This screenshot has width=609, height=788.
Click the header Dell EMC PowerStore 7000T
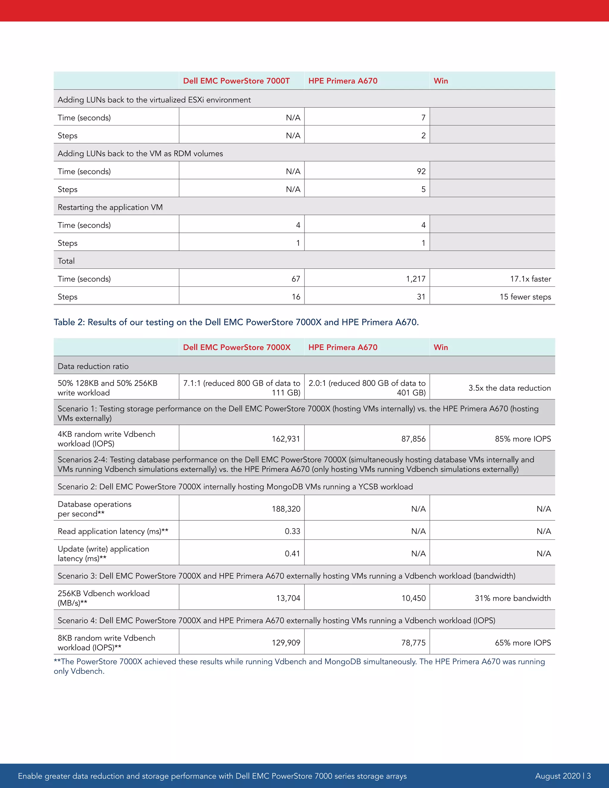click(236, 81)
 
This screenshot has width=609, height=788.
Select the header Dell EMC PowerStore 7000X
click(237, 347)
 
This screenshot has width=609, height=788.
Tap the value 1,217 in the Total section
click(416, 279)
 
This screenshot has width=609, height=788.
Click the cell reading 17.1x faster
click(530, 279)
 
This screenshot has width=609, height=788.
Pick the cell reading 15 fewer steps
click(525, 297)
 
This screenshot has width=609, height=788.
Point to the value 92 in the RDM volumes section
click(421, 171)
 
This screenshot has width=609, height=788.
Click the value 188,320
click(286, 509)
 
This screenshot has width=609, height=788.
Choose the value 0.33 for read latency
click(292, 531)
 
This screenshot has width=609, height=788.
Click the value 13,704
click(288, 598)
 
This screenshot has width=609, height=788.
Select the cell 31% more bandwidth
click(513, 598)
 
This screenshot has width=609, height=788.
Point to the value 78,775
click(413, 643)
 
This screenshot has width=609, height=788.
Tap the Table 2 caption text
click(236, 322)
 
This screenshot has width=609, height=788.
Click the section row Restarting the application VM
click(110, 208)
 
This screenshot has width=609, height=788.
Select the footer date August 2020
click(558, 776)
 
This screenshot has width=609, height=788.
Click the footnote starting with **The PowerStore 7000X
click(299, 666)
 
